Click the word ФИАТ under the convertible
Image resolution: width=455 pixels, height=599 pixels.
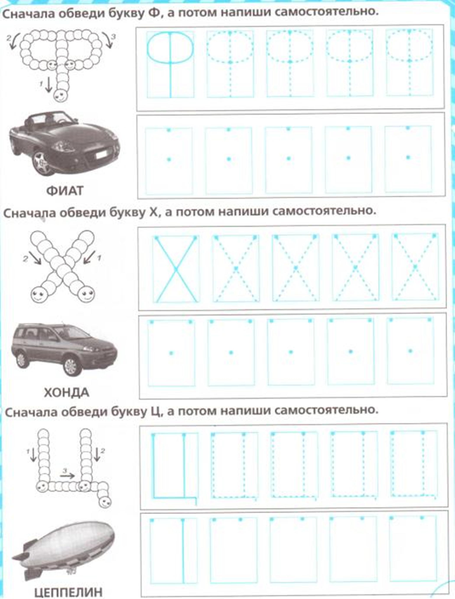point(65,191)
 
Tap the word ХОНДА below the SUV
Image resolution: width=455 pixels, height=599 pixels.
point(66,392)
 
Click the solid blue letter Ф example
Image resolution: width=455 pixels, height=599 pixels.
point(170,64)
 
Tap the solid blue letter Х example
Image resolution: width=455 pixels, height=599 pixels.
point(176,269)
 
